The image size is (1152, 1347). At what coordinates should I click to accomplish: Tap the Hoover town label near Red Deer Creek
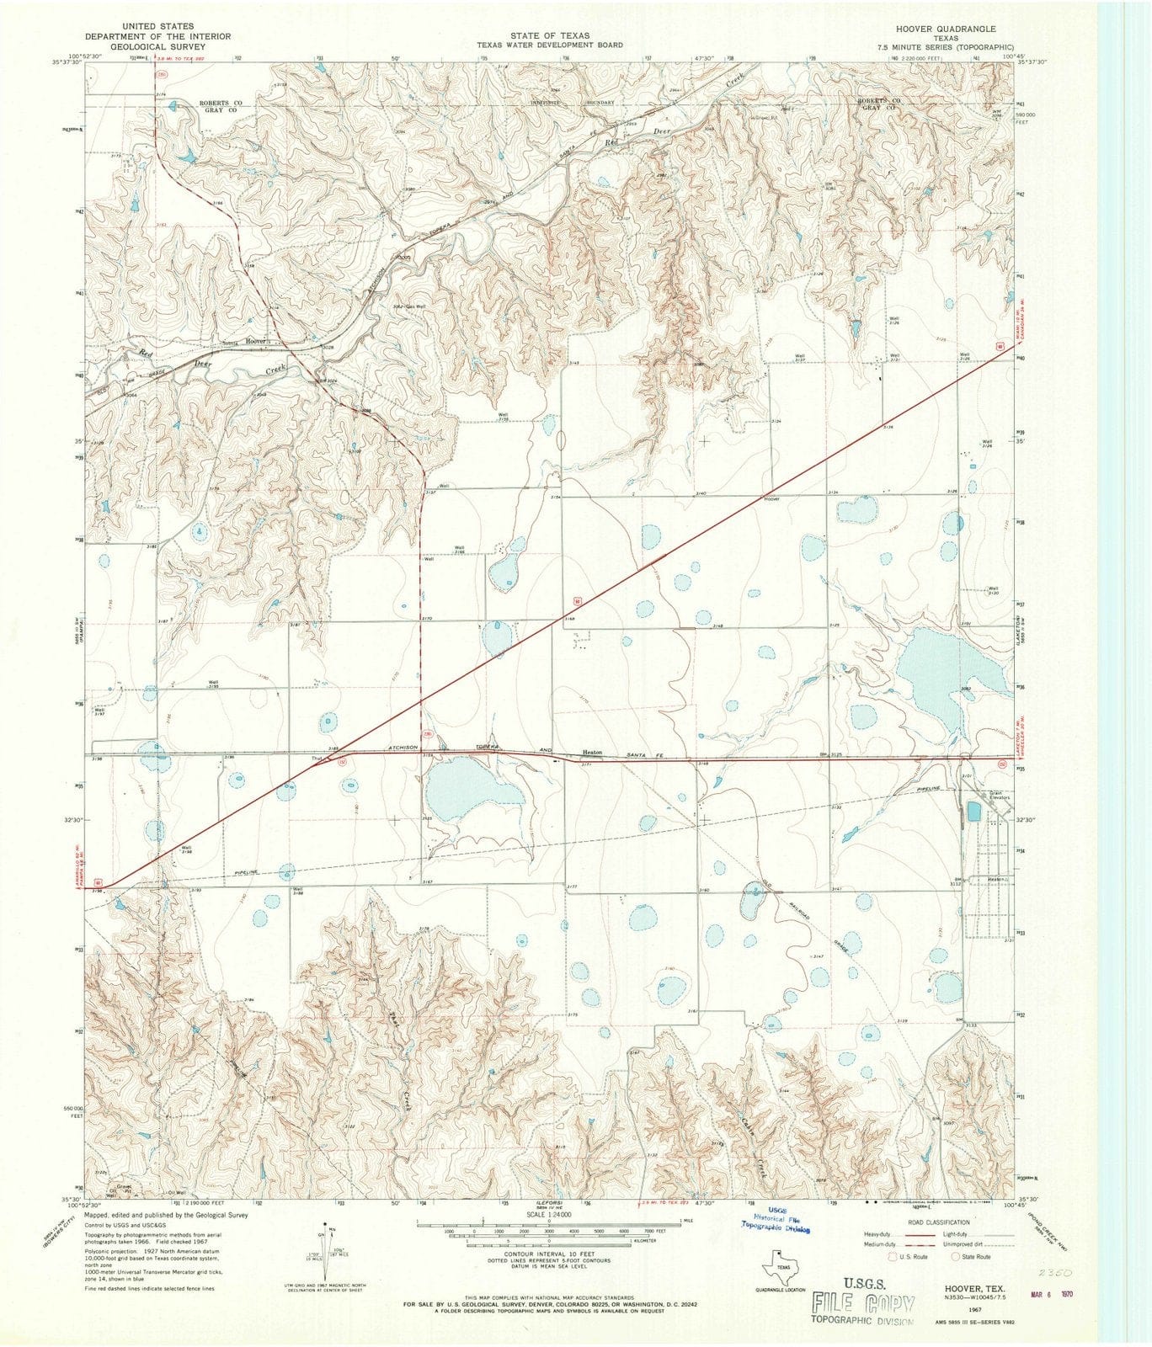pos(255,341)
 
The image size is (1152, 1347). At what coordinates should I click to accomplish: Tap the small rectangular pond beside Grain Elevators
pos(973,812)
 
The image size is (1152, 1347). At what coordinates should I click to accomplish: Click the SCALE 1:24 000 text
pos(548,1215)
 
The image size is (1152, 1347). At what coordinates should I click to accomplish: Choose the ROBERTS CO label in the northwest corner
pos(220,103)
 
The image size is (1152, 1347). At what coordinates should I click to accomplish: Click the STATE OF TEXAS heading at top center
pos(548,35)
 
